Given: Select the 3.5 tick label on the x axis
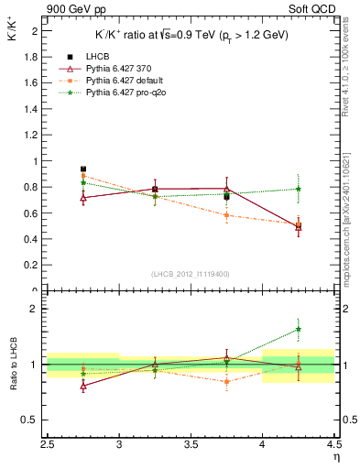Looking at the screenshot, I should [x=191, y=444].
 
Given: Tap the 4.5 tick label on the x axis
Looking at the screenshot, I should [x=334, y=444].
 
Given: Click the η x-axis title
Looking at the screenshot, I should [x=336, y=456].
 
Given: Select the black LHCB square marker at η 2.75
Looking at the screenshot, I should [x=83, y=169].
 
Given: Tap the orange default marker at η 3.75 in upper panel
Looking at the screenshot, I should [x=227, y=216].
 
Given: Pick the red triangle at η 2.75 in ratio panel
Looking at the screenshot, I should [x=83, y=386].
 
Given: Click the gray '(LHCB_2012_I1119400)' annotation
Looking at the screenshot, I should [x=191, y=274].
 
